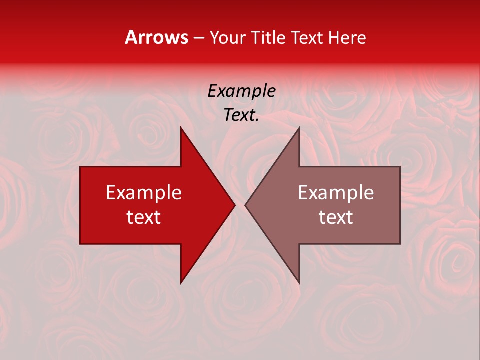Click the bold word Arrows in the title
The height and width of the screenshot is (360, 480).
click(156, 38)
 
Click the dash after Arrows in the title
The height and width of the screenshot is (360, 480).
click(199, 38)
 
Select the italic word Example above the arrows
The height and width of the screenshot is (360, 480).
click(241, 91)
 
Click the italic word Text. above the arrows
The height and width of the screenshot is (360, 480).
click(241, 115)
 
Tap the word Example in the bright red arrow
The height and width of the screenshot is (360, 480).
click(144, 192)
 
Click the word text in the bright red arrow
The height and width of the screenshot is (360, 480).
click(144, 217)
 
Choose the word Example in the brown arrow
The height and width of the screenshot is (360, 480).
click(336, 192)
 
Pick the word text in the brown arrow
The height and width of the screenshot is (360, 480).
click(336, 217)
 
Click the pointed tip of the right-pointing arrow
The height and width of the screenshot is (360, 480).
click(234, 205)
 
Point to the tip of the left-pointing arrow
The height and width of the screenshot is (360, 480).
click(245, 205)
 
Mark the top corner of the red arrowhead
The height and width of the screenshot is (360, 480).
click(181, 128)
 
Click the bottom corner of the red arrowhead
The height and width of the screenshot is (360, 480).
click(181, 283)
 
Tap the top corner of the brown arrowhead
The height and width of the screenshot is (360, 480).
click(299, 128)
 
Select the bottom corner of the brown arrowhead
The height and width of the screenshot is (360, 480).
click(299, 283)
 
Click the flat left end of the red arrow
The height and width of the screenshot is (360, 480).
click(80, 205)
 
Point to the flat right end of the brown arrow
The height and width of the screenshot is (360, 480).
click(400, 205)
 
